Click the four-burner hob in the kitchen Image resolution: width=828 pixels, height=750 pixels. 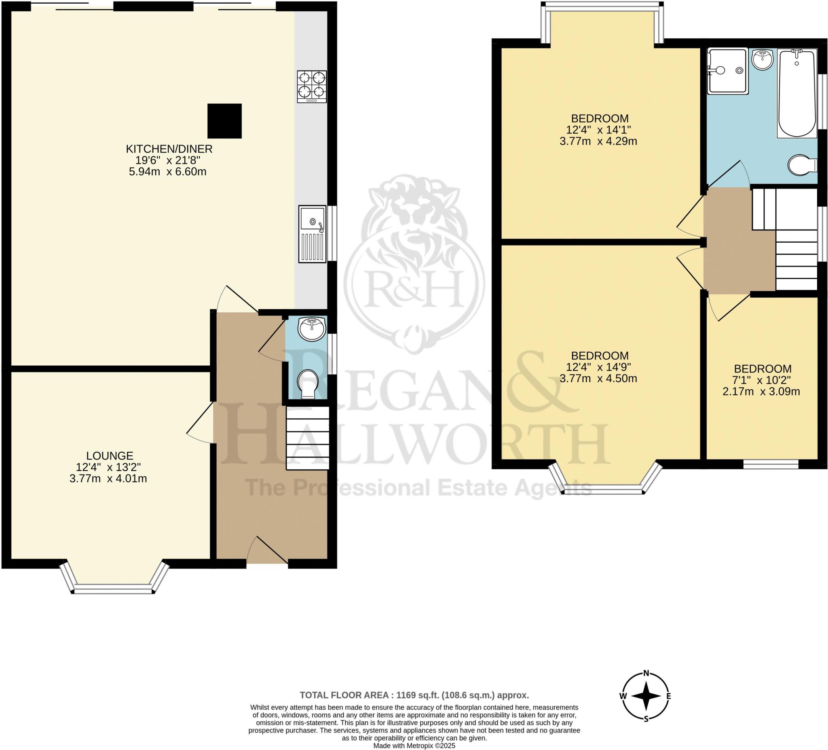coord(312,86)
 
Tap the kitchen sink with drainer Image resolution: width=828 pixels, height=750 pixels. coord(312,234)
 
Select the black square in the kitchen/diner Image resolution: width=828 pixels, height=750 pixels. coord(224,121)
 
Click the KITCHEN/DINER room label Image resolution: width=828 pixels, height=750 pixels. coord(169,149)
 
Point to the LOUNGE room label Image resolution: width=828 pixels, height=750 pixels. coord(110,456)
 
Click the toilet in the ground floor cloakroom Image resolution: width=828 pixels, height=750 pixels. coord(308,384)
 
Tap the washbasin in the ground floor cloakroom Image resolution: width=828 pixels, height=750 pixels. coord(312,328)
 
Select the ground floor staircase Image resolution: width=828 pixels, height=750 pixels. coord(308,438)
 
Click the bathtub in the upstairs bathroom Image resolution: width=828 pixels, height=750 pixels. coord(797,94)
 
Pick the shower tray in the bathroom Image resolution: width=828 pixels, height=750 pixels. coord(727,71)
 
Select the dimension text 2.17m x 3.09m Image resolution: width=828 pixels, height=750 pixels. coord(761,392)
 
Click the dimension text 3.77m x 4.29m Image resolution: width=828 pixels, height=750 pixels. coord(598,141)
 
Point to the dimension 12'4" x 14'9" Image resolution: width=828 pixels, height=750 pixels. coord(598,367)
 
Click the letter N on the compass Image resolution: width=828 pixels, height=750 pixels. coord(646,673)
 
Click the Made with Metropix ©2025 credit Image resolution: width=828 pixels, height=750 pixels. coord(414,746)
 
